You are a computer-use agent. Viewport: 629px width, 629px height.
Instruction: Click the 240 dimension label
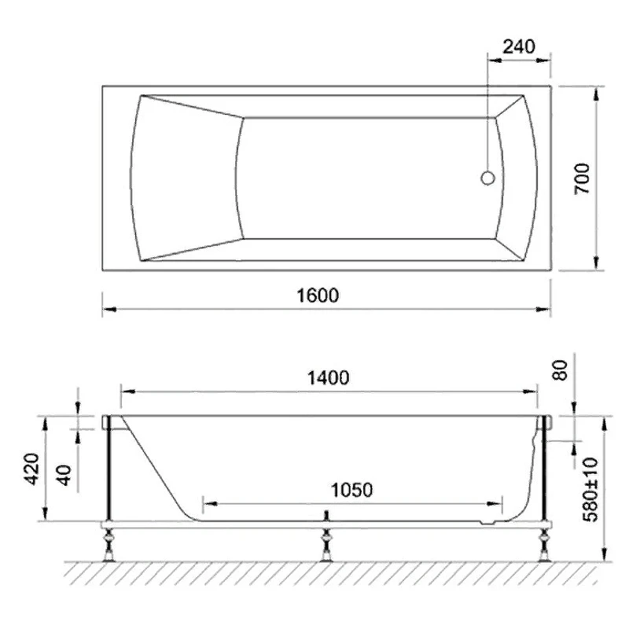(519, 47)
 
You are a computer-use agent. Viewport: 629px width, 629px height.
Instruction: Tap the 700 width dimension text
(583, 178)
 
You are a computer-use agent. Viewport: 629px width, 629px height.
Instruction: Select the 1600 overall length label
(318, 296)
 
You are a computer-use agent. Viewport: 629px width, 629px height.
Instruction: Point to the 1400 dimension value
(328, 378)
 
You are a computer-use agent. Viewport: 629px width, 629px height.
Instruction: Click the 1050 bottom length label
(351, 490)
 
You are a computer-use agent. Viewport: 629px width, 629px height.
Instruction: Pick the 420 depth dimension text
(31, 469)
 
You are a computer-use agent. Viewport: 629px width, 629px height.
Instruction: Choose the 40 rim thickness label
(64, 475)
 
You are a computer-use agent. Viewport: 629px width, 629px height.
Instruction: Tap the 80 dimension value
(560, 370)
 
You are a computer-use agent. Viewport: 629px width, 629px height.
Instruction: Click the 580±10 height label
(590, 489)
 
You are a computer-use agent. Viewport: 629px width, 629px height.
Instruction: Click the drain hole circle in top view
(487, 178)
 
